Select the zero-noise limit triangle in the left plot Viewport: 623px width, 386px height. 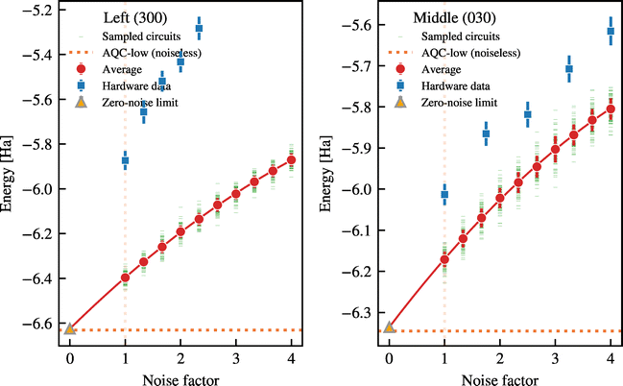[x=70, y=328]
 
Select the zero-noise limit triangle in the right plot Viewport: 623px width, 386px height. [x=389, y=328]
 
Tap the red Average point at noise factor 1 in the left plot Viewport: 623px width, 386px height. [x=125, y=277]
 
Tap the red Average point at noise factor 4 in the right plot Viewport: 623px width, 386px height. [x=611, y=109]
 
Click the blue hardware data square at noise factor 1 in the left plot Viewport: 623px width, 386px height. [x=125, y=161]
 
